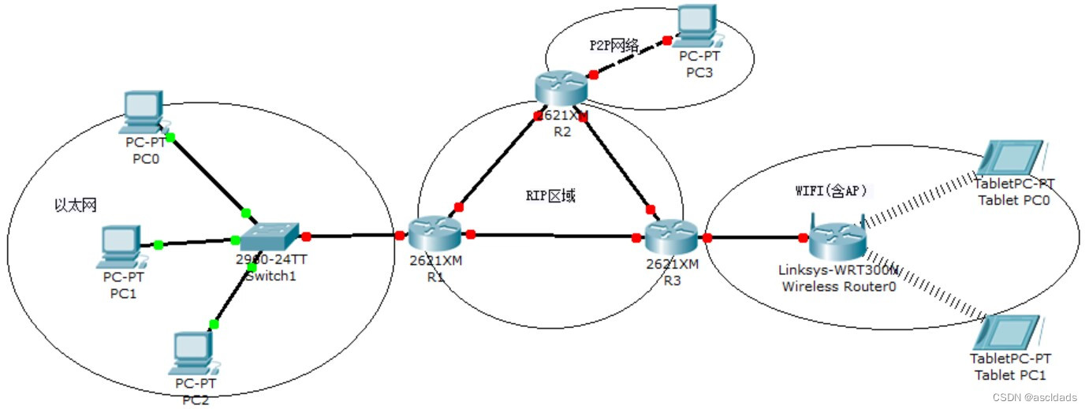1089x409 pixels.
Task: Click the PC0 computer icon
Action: [x=144, y=113]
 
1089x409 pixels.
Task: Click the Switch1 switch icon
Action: [x=270, y=234]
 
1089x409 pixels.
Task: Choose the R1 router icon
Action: [x=435, y=232]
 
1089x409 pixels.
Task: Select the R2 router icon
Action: [x=561, y=88]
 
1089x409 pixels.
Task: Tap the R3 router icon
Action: [x=672, y=235]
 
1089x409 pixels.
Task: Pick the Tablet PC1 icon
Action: [x=1007, y=333]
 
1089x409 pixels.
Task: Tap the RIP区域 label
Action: [x=550, y=195]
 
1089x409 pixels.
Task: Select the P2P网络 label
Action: [x=613, y=45]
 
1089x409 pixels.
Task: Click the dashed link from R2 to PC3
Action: [x=631, y=57]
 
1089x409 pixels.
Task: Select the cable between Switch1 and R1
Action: [x=353, y=235]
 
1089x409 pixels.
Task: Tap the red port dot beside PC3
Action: [x=667, y=39]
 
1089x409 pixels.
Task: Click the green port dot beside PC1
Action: [x=159, y=245]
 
